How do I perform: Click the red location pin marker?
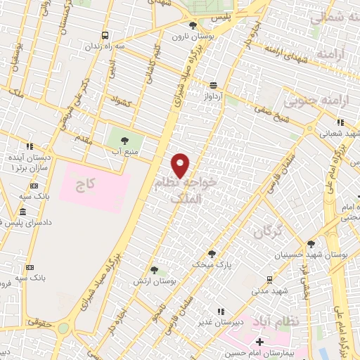[x=181, y=165]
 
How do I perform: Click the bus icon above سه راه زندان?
[x=105, y=35]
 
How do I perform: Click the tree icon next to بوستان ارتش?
[x=154, y=270]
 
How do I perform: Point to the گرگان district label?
[x=268, y=229]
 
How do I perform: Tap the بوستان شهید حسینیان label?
[x=311, y=254]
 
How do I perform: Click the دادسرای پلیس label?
[x=28, y=223]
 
